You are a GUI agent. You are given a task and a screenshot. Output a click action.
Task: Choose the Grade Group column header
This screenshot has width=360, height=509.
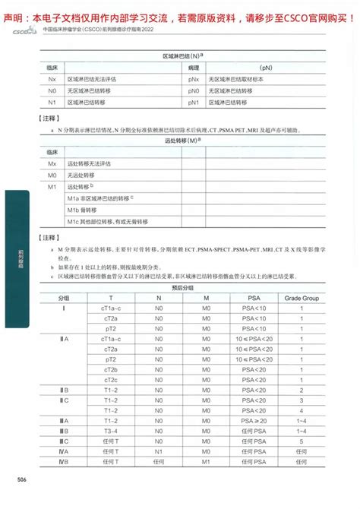tap(302, 299)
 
